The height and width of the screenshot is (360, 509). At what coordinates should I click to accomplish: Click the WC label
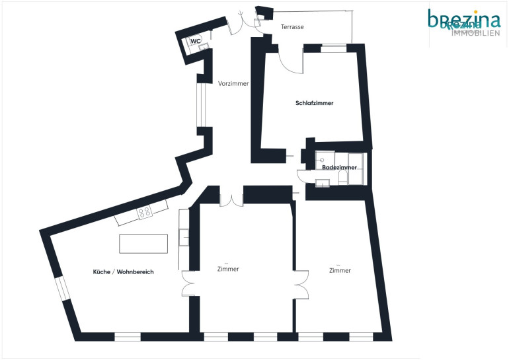pos(196,41)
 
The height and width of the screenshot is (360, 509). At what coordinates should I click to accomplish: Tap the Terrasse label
pos(292,27)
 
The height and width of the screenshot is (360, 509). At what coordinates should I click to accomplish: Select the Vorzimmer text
pos(233,83)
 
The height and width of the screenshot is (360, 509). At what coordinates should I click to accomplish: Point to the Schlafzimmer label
pos(314,103)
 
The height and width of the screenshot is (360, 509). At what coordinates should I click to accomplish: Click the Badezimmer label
pos(339,167)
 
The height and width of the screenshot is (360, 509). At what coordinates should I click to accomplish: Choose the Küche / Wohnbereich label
pos(124,271)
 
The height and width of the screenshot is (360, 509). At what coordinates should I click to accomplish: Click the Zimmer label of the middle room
pos(228,269)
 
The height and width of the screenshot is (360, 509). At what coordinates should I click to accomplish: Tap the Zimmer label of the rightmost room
pos(340,270)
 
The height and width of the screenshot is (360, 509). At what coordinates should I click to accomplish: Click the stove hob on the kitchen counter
pos(145,212)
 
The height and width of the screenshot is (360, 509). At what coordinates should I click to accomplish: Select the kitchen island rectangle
pos(143,244)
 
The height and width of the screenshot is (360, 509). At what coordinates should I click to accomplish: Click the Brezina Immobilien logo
pos(464,22)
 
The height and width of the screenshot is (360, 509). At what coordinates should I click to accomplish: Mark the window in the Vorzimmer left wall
pos(201,105)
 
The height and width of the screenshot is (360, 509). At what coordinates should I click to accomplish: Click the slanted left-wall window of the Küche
pos(62,288)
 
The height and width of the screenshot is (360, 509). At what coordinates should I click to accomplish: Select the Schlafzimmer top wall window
pos(334,49)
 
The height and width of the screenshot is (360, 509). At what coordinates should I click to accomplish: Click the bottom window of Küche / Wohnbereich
pos(128,337)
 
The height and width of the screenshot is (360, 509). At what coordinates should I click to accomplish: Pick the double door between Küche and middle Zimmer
pos(188,283)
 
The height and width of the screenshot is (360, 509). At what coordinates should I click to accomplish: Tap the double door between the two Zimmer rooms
pos(301,285)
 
